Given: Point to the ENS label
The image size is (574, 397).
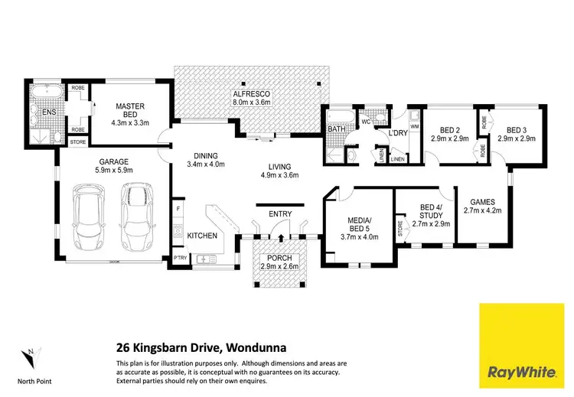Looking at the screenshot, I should point(49,113).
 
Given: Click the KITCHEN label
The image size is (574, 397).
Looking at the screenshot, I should point(202,236).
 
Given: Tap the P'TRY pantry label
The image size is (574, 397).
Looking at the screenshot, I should point(181,259).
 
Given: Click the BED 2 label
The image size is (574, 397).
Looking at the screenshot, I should point(439,129).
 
